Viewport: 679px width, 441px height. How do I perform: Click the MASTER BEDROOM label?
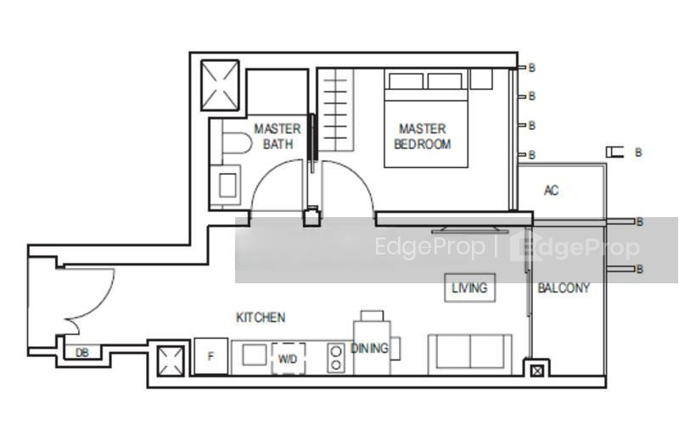(422, 137)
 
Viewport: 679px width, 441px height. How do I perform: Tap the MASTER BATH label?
(278, 137)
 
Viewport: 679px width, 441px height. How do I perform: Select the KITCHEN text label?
(261, 318)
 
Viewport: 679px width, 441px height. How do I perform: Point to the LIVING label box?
(470, 287)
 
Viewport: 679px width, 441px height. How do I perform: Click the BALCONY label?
(564, 287)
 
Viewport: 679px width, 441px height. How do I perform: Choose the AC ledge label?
(551, 190)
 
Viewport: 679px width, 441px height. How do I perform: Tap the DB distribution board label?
(81, 353)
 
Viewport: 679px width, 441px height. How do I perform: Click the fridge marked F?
(210, 356)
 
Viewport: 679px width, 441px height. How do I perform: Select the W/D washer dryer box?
(288, 359)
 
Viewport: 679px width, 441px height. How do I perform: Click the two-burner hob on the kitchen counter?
(335, 358)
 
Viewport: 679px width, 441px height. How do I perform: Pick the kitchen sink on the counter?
(254, 354)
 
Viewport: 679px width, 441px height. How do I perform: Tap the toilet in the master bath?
(237, 142)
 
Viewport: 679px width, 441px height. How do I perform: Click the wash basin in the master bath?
(225, 185)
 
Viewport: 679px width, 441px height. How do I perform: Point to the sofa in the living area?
(470, 354)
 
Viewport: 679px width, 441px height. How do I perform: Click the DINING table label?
(369, 348)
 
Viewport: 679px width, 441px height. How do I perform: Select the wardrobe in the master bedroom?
(335, 110)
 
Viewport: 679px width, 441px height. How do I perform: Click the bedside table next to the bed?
(481, 79)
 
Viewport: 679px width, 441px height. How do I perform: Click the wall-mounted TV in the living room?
(470, 229)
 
